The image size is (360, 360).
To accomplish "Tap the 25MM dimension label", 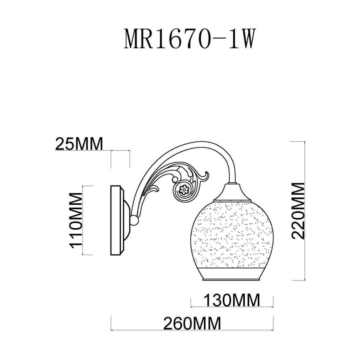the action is coord(79,144).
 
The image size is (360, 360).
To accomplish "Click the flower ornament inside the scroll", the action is coord(184,190).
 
